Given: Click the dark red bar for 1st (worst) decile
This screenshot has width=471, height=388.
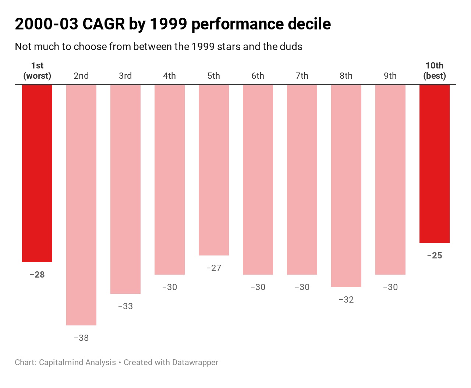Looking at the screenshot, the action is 37,173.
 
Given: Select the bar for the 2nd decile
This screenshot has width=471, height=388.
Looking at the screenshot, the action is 81,205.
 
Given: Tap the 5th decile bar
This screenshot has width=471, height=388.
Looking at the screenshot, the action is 214,170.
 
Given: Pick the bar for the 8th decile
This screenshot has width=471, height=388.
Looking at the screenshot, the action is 346,186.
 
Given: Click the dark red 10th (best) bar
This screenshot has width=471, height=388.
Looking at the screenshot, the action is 435,164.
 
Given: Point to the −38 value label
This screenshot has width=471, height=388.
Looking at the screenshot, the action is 81,338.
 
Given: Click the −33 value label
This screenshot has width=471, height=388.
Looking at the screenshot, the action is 125,306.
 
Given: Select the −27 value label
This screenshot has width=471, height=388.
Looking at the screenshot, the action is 214,268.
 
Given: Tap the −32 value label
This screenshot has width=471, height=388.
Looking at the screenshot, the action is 346,300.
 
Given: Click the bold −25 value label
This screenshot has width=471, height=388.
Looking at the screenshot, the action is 435,255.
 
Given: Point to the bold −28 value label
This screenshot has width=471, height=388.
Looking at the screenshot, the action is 37,275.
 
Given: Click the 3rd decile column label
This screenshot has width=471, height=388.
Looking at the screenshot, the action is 125,76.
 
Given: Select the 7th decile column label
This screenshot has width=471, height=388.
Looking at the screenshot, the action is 302,76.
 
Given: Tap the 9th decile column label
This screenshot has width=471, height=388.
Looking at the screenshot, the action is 390,76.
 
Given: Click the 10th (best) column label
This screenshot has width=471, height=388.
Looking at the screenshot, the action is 435,71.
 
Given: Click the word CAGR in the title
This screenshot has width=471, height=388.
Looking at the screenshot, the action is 103,24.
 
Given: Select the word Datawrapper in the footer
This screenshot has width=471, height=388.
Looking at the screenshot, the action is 195,362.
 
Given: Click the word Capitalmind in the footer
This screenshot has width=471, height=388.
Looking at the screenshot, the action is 61,362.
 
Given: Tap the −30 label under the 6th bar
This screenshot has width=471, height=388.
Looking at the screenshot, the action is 258,287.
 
